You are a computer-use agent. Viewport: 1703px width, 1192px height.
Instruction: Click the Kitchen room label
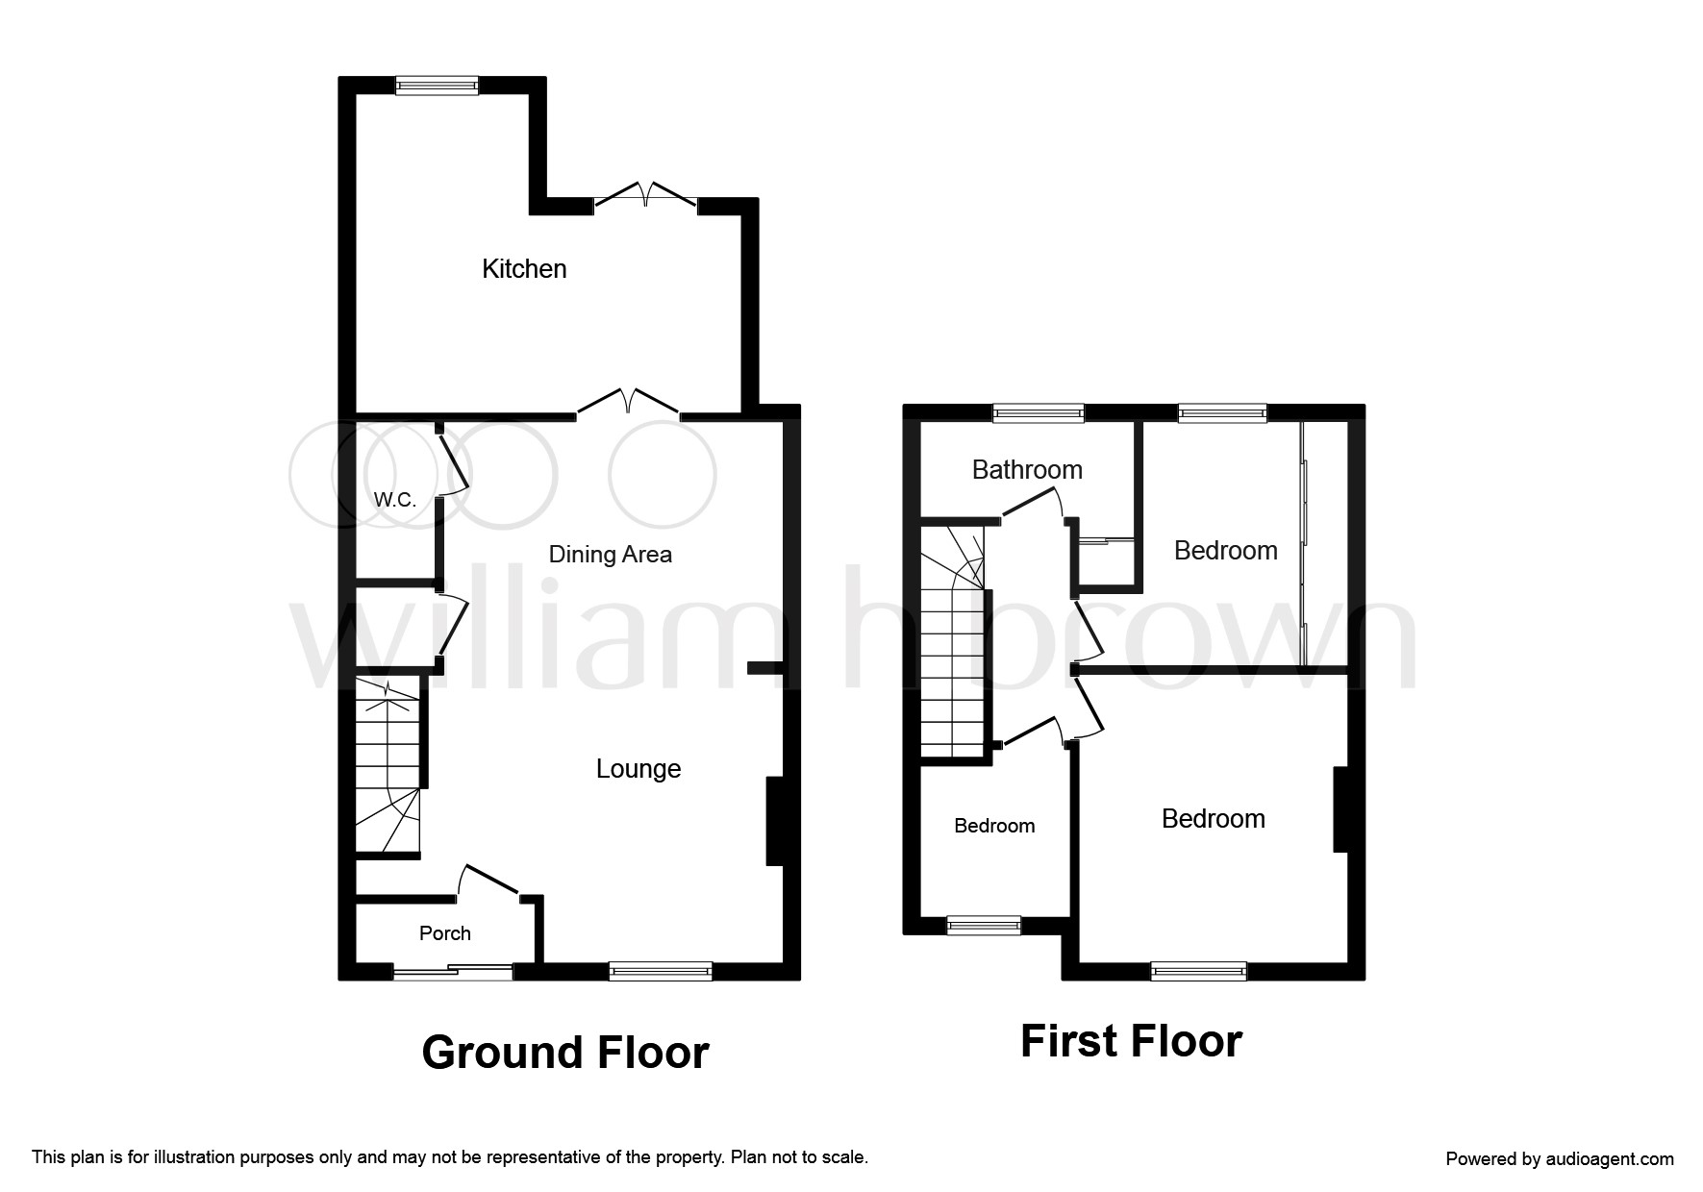(524, 269)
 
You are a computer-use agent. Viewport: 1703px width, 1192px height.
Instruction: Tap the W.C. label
(394, 500)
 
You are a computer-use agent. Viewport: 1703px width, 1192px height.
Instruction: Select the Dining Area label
(610, 555)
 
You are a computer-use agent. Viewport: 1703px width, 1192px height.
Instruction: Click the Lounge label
(639, 769)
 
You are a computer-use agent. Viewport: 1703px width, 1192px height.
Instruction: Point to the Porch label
(445, 933)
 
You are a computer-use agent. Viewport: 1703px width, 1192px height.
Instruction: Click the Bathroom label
(1027, 470)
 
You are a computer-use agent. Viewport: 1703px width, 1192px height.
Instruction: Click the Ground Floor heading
(565, 1053)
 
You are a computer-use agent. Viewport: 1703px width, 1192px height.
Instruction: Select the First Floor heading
(1131, 1041)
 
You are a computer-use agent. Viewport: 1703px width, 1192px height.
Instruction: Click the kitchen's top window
(438, 86)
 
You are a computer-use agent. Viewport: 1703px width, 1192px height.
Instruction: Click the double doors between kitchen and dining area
(629, 404)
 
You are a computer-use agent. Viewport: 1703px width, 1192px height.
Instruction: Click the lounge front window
(661, 971)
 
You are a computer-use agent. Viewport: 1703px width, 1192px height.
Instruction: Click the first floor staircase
(953, 641)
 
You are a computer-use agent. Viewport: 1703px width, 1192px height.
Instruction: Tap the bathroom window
(1039, 413)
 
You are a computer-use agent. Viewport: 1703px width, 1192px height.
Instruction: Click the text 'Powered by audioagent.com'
(1560, 1159)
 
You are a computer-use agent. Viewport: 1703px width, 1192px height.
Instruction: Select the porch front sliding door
(453, 972)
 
